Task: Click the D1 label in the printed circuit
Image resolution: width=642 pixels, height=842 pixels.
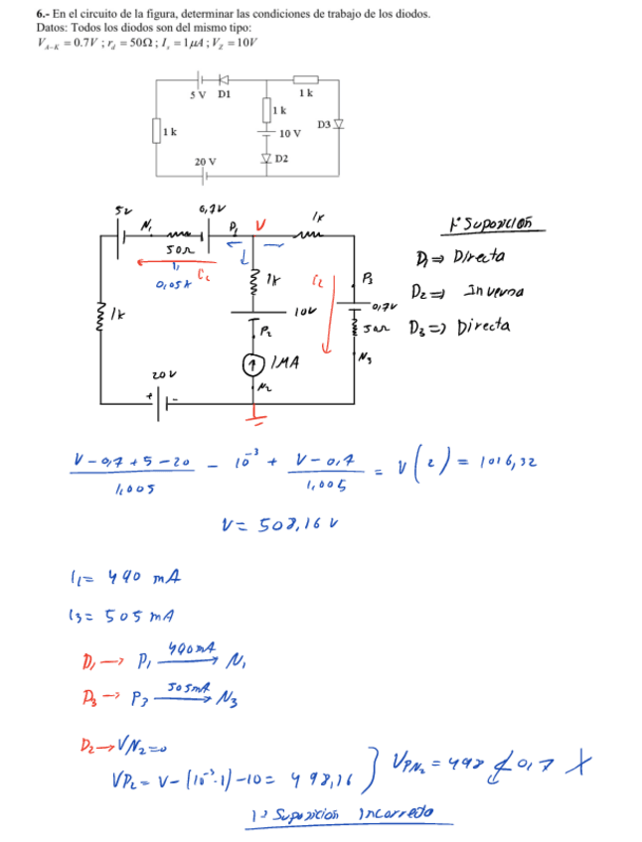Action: (x=224, y=94)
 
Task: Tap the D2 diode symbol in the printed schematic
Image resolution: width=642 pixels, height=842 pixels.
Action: (x=266, y=158)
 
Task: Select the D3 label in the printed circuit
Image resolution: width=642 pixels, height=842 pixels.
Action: (x=324, y=124)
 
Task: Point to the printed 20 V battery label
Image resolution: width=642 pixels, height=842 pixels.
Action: (x=206, y=161)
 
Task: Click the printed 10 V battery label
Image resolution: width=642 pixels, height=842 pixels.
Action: (x=290, y=133)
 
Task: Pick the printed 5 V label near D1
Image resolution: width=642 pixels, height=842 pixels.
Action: (x=197, y=94)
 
